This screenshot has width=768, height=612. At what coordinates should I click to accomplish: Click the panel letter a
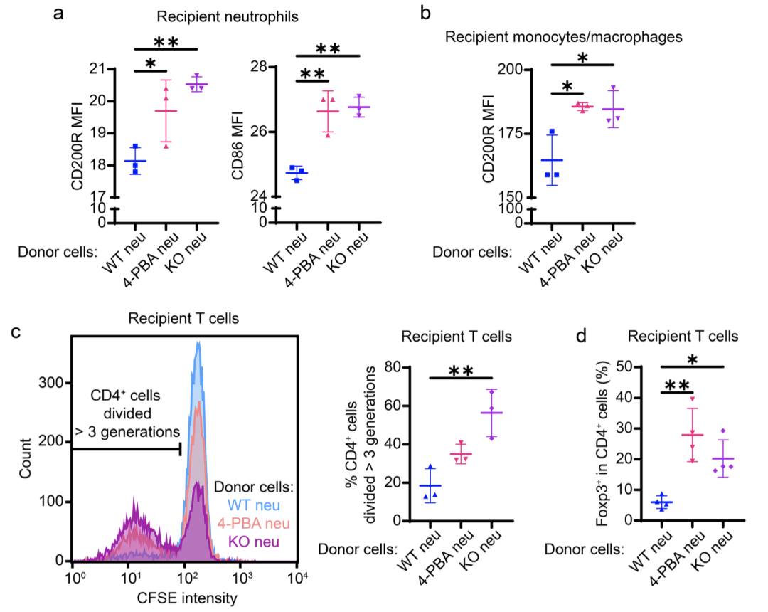click(60, 14)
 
